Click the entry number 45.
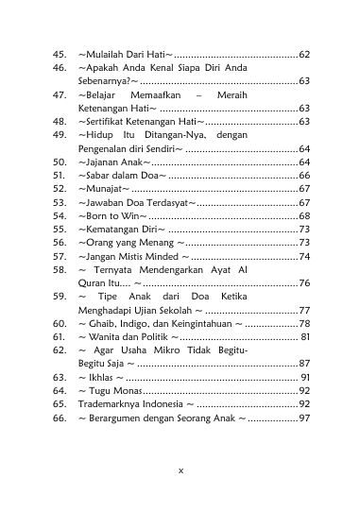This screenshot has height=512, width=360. point(59,54)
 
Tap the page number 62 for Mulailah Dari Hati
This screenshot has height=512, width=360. point(303,54)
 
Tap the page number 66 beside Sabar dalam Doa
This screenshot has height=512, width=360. point(303,176)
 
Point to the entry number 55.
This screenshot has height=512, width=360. point(59,229)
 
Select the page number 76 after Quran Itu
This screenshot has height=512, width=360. point(303,282)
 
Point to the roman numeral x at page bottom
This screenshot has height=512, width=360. point(180,469)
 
